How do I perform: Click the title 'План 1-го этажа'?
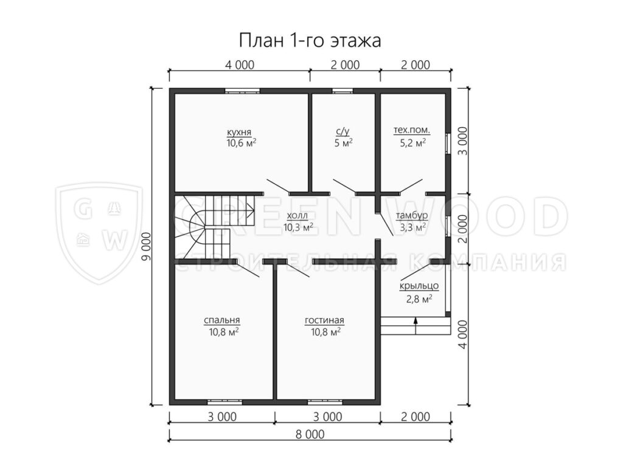(x=310, y=41)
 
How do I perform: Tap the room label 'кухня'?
(x=239, y=132)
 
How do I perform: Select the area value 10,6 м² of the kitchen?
(x=241, y=143)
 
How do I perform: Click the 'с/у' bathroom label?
(x=343, y=132)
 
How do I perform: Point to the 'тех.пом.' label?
(x=412, y=130)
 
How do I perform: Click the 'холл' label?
(x=297, y=216)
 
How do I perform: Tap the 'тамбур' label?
(x=412, y=216)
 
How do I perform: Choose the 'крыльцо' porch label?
(x=419, y=286)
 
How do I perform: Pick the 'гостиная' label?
(x=325, y=320)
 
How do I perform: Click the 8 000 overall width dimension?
(x=310, y=434)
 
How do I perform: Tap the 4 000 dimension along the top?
(x=239, y=64)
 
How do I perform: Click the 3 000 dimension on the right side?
(x=462, y=141)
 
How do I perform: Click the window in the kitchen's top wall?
(x=242, y=91)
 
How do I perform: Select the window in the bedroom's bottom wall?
(x=225, y=401)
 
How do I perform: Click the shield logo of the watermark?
(x=99, y=233)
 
